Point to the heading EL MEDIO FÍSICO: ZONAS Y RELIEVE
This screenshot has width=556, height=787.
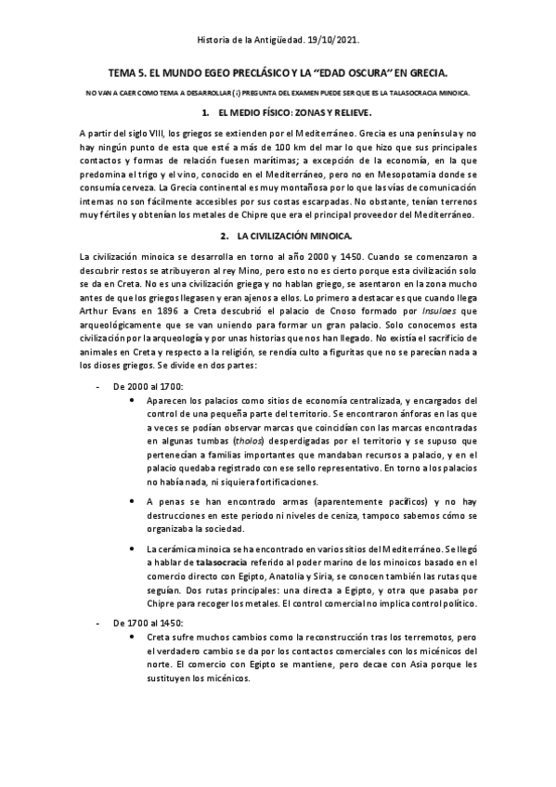[x=286, y=112]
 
